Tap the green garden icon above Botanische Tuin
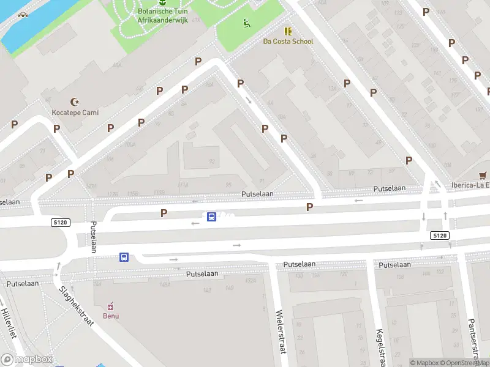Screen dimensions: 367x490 pyautogui.click(x=162, y=2)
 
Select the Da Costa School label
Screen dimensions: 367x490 pyautogui.click(x=288, y=42)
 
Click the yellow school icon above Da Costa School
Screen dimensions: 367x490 pyautogui.click(x=288, y=31)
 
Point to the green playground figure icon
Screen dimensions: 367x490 pyautogui.click(x=246, y=24)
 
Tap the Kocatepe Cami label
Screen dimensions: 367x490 pyautogui.click(x=75, y=113)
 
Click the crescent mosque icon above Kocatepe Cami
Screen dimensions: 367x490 pyautogui.click(x=75, y=102)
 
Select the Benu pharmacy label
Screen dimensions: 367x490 pyautogui.click(x=111, y=316)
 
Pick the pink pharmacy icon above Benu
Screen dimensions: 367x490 pyautogui.click(x=111, y=305)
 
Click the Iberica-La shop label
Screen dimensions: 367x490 pyautogui.click(x=470, y=186)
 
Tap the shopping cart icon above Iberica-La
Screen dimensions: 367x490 pyautogui.click(x=484, y=175)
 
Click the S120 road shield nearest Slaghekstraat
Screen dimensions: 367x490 pyautogui.click(x=59, y=224)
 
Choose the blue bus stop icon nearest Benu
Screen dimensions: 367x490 pyautogui.click(x=124, y=258)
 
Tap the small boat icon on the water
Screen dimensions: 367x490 pyautogui.click(x=23, y=15)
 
